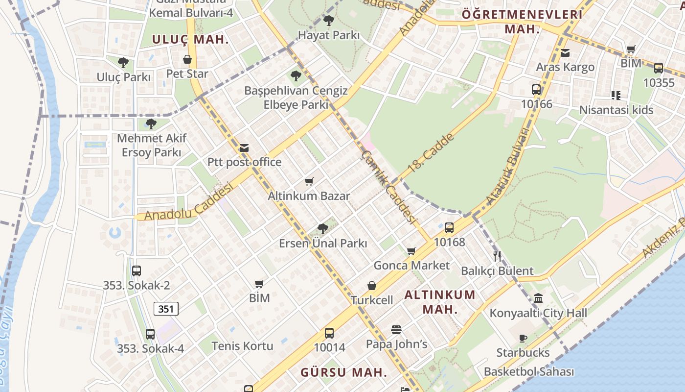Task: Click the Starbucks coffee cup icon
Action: click(523, 338)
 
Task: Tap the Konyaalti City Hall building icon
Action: click(538, 298)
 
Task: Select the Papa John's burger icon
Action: click(396, 330)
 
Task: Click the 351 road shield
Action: click(166, 309)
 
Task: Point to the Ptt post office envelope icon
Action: click(244, 147)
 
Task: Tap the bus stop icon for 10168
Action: click(449, 227)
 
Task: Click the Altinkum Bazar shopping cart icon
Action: click(309, 182)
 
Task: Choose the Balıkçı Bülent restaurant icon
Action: click(497, 256)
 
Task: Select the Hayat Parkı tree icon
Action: click(329, 21)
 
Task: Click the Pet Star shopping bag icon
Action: click(187, 60)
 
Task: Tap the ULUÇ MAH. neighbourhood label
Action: click(190, 40)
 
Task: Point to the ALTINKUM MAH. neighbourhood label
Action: click(440, 302)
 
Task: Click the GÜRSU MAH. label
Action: click(343, 372)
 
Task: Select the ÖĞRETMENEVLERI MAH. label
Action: click(522, 22)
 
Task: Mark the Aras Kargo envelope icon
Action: click(565, 52)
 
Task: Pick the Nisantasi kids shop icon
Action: click(616, 95)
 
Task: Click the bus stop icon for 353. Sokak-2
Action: click(137, 270)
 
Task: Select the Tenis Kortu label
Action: click(242, 346)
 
